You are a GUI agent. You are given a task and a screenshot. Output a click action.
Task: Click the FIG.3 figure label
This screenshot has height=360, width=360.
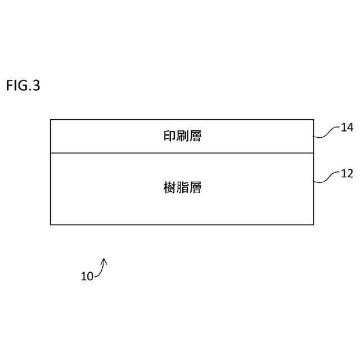(23, 86)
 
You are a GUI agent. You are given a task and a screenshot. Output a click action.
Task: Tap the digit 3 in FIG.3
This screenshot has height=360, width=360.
(37, 86)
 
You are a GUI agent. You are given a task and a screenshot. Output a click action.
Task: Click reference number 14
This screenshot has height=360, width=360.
(347, 128)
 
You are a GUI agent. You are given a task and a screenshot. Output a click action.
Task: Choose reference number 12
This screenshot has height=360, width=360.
(347, 174)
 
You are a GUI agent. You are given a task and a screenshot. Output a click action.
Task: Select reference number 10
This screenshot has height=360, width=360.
(87, 276)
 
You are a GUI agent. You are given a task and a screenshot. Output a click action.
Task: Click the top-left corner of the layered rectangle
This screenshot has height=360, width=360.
(51, 120)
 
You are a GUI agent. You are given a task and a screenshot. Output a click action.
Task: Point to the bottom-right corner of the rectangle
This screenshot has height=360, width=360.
(313, 224)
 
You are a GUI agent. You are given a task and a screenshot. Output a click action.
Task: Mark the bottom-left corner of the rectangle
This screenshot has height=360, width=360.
(51, 224)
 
